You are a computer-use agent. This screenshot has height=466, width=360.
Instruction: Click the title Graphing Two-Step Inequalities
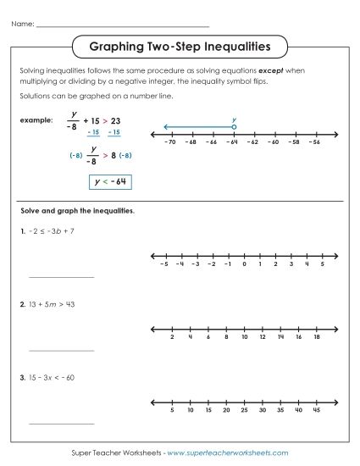[180, 45]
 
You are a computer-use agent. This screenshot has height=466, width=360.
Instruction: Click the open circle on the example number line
[234, 127]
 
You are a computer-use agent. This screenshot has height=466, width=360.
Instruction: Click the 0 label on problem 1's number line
[243, 264]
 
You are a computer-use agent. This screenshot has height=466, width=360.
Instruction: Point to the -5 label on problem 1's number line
[163, 264]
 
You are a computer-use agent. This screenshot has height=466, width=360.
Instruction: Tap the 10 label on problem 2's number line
[244, 337]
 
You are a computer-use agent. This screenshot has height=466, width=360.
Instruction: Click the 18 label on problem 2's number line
[316, 337]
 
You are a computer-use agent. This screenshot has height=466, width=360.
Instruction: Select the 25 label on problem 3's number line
[244, 410]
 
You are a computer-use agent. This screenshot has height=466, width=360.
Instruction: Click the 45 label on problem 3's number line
[316, 410]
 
